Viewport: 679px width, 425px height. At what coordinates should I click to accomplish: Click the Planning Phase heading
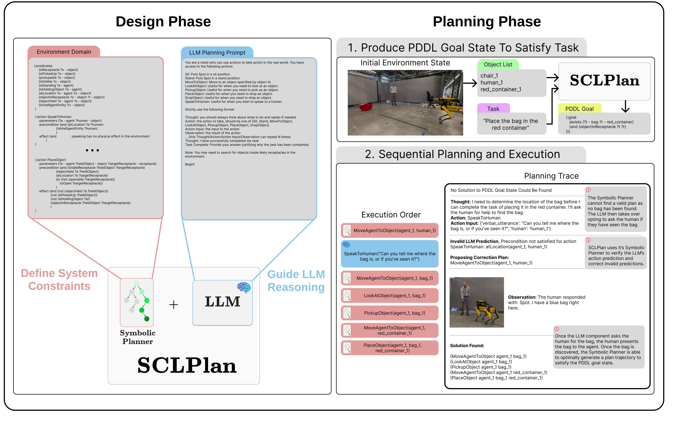487,22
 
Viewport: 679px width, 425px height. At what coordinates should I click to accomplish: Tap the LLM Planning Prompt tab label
217,53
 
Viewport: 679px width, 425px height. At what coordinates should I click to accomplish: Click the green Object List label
498,64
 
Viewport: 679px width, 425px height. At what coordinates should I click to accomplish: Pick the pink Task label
493,109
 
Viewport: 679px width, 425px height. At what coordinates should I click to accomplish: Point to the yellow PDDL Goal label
579,109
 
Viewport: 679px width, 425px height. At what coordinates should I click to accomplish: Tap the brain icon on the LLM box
244,287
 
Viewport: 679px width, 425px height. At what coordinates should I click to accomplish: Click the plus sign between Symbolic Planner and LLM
174,304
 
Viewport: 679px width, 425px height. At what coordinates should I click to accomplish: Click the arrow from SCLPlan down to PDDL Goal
625,106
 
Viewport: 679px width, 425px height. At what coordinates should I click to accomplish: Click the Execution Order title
391,215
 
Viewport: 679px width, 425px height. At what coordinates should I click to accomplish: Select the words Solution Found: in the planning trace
467,345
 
